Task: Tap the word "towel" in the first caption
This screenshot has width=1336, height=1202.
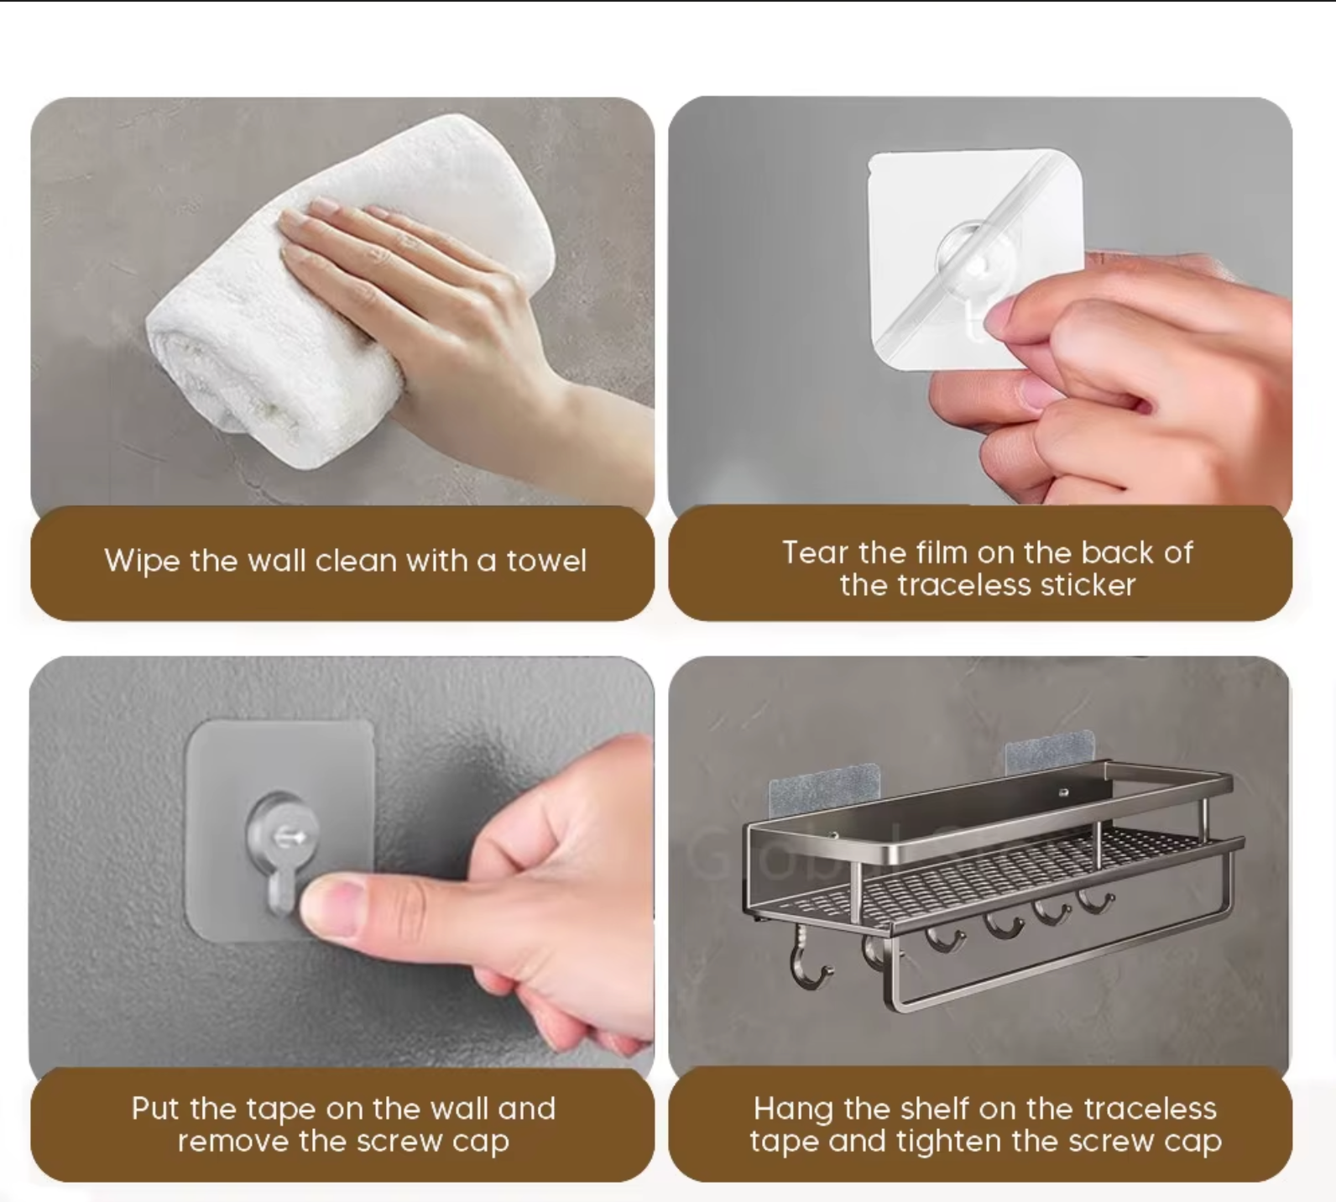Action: (x=546, y=560)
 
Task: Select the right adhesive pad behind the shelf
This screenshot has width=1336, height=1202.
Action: (x=1050, y=751)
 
